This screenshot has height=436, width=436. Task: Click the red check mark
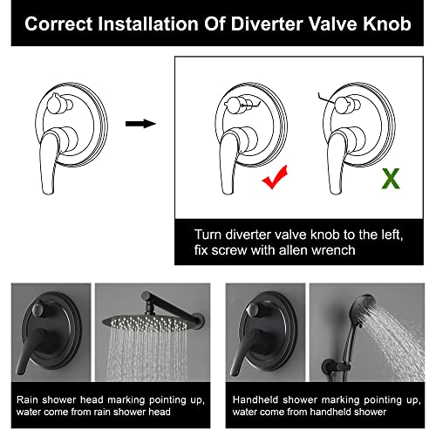point(275,179)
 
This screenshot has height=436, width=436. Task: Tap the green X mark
point(391,179)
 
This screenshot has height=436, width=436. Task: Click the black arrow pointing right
point(140,124)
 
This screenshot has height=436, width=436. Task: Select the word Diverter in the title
point(267,24)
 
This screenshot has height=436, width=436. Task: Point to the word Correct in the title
point(58,24)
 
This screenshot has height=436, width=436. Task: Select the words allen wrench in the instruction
point(317,250)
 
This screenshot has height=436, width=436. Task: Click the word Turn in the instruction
point(208,235)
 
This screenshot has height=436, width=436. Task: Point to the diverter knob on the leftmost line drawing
point(57,104)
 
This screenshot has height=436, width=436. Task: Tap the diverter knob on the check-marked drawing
point(236,105)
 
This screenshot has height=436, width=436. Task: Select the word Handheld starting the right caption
point(255,400)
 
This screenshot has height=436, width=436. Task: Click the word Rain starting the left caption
point(27,400)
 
